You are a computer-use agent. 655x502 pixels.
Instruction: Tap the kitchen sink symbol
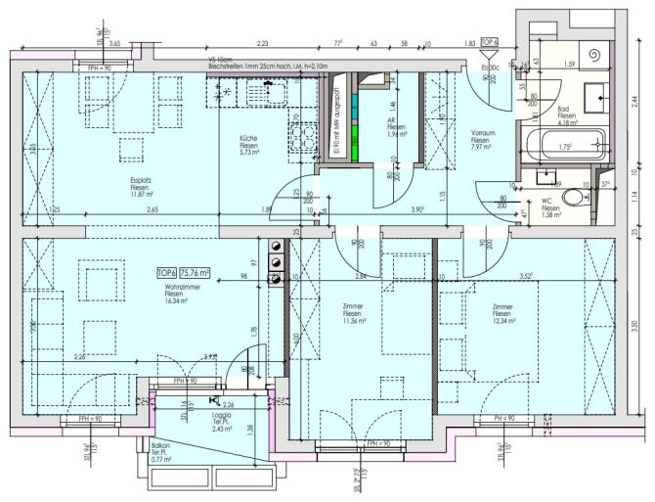click(227, 94)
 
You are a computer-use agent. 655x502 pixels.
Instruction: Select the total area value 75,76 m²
click(202, 273)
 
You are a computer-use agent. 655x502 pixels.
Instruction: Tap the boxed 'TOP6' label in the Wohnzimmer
click(168, 273)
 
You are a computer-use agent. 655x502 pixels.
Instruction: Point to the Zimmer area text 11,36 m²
click(354, 320)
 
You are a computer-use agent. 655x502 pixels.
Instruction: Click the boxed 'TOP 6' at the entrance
click(489, 44)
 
